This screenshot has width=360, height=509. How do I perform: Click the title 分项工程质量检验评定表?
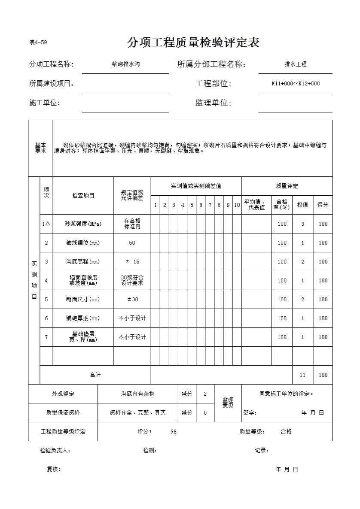click(x=193, y=43)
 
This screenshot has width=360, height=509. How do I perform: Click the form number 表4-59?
click(x=38, y=42)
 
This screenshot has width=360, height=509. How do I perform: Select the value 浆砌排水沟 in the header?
click(x=125, y=64)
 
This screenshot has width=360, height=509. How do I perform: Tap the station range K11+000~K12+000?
click(x=296, y=84)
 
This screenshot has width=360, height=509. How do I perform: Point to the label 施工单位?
click(x=44, y=103)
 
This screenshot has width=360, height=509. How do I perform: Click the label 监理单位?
click(x=213, y=103)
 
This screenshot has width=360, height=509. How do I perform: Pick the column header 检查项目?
click(x=83, y=195)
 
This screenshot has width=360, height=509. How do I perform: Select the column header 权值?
click(x=302, y=205)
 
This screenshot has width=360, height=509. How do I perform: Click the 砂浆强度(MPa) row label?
click(x=83, y=224)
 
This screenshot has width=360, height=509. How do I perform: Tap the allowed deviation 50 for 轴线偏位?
click(x=132, y=242)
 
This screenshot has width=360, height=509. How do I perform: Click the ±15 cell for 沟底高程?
click(x=132, y=261)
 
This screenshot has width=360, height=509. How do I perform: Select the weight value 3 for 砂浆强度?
click(x=302, y=224)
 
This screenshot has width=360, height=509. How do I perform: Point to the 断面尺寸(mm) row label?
click(x=83, y=299)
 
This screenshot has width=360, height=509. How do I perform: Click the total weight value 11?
click(x=302, y=375)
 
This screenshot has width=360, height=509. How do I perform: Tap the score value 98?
click(x=173, y=431)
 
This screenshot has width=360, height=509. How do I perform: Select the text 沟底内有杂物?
click(x=137, y=394)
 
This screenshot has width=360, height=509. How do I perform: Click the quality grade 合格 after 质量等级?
click(x=286, y=431)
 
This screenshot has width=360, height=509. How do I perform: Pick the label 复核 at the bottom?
click(x=53, y=469)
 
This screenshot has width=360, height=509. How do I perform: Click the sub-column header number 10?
click(x=237, y=205)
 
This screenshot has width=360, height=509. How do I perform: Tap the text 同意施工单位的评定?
click(x=286, y=394)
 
